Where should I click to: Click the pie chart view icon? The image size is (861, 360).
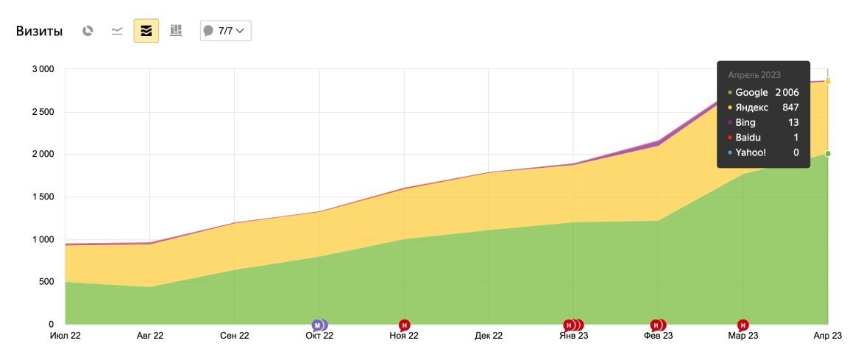88,31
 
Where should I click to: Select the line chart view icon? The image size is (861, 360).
117,31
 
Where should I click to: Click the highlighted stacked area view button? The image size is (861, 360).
146,31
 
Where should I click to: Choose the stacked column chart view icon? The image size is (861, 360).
176,31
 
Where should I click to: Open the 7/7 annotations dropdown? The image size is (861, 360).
226,31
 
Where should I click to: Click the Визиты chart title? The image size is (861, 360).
39,31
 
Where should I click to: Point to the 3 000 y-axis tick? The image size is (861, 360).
42,69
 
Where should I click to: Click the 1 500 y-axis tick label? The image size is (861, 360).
42,197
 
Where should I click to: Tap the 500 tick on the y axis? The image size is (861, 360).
46,282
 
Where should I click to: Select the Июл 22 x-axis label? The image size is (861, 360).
65,336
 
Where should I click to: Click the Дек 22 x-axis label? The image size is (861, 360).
489,336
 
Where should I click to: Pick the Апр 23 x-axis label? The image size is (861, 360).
828,336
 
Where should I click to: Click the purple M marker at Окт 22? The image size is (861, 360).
317,325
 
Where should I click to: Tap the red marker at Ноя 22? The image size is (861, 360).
404,325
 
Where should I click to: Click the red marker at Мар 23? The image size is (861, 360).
743,325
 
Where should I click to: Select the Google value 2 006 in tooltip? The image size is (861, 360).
787,93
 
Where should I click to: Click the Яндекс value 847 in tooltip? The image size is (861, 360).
790,107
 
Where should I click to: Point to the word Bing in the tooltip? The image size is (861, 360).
745,123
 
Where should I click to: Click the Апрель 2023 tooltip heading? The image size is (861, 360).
754,75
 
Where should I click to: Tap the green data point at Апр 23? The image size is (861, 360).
828,154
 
